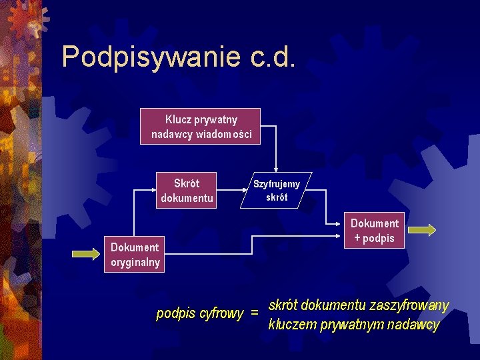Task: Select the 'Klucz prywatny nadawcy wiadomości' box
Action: pyautogui.click(x=201, y=126)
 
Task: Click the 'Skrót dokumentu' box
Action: pyautogui.click(x=187, y=190)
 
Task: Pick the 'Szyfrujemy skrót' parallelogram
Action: pyautogui.click(x=276, y=191)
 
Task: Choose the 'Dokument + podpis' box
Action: pyautogui.click(x=374, y=231)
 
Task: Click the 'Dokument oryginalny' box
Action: pyautogui.click(x=135, y=255)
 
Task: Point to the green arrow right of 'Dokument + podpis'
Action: pyautogui.click(x=421, y=231)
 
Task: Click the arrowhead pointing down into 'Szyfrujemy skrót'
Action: pyautogui.click(x=275, y=171)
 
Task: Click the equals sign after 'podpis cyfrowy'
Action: pyautogui.click(x=254, y=313)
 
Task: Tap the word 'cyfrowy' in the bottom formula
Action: pyautogui.click(x=221, y=313)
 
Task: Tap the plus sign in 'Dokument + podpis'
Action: pyautogui.click(x=357, y=238)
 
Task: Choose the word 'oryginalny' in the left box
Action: pyautogui.click(x=135, y=262)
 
